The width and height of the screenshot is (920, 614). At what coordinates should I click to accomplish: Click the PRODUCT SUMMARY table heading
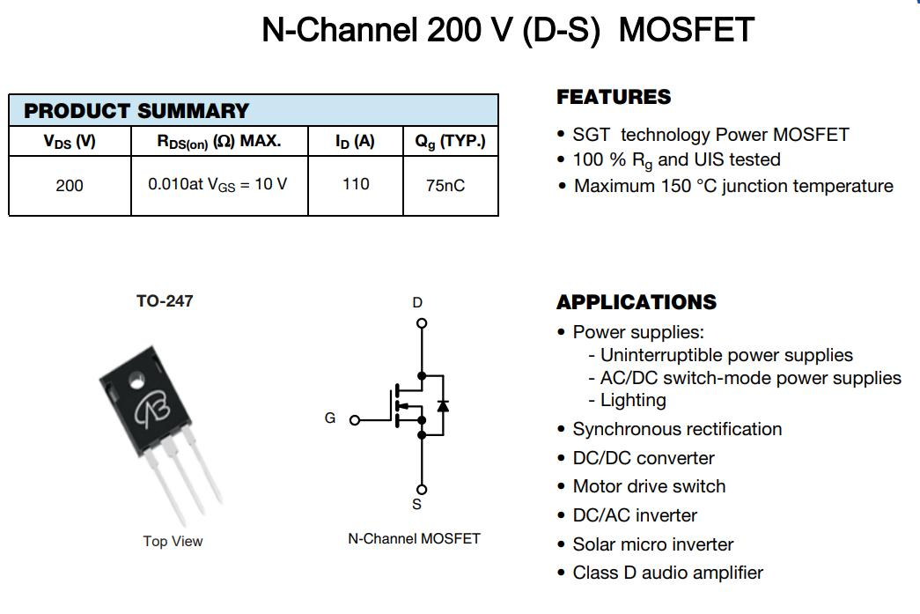pos(136,111)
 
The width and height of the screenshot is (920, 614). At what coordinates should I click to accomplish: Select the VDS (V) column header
pos(70,142)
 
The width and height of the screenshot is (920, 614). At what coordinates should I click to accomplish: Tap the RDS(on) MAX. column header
pos(219,142)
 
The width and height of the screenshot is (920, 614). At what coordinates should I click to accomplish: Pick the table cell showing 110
pos(356,184)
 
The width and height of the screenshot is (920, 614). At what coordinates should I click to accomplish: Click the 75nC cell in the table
pos(445,186)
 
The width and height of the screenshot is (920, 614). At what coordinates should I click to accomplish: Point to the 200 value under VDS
pos(70,186)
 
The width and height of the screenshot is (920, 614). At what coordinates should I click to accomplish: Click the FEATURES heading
pos(614,97)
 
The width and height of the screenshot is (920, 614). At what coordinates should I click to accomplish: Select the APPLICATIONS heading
pos(637,302)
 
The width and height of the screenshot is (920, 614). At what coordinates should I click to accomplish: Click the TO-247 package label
pos(165,301)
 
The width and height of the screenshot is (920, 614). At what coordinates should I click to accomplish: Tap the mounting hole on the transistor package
pos(136,381)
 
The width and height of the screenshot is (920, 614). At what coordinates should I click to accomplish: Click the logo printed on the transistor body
pos(152,408)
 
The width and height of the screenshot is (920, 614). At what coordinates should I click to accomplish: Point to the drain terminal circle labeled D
pos(422,322)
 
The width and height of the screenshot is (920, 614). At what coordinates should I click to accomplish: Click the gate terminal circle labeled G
pos(355,420)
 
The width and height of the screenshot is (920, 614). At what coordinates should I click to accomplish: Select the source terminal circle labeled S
pos(422,490)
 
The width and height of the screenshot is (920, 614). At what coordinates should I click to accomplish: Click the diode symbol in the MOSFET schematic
pos(443,405)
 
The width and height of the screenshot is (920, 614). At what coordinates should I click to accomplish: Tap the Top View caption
pos(173,541)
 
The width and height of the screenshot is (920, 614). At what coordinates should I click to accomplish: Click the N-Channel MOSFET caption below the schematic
pos(415,539)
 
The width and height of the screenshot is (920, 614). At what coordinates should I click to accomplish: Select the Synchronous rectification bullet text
pos(677,429)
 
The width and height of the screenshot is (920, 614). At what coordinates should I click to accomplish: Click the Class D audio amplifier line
pos(667,573)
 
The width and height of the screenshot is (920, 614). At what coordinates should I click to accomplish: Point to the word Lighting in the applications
pos(633,400)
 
